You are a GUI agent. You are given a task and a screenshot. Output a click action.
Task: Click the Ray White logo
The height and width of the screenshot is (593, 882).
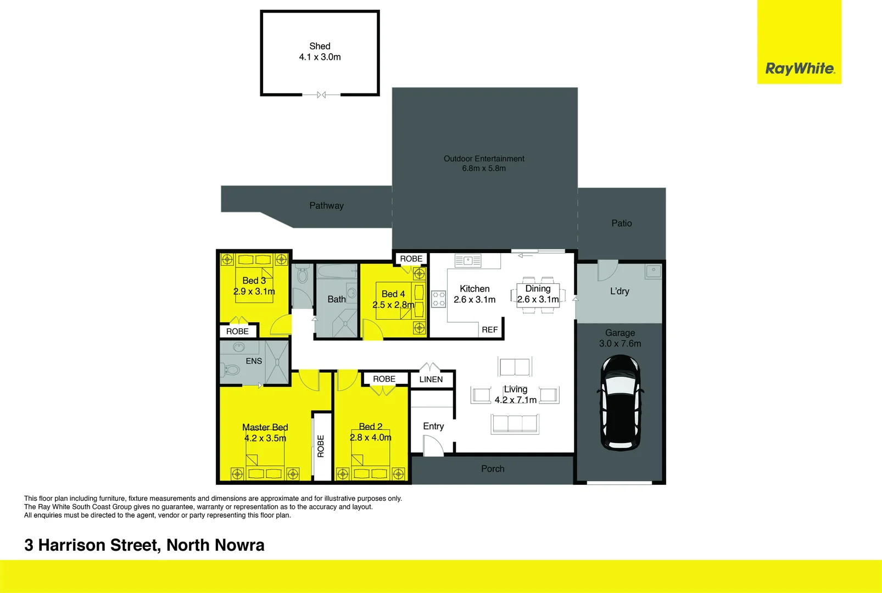(x=800, y=69)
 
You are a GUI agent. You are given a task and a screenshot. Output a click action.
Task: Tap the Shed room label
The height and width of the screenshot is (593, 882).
(x=320, y=46)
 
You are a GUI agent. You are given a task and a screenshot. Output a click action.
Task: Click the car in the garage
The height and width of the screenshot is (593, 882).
(x=620, y=402)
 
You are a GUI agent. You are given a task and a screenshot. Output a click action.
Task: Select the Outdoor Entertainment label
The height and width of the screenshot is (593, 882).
(x=484, y=159)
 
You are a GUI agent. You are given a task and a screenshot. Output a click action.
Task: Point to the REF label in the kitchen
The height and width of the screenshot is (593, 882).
(x=489, y=329)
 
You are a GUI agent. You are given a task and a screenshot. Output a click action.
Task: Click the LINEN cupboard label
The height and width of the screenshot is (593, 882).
(x=431, y=379)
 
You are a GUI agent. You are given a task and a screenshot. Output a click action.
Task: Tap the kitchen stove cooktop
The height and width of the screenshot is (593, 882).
(x=438, y=299)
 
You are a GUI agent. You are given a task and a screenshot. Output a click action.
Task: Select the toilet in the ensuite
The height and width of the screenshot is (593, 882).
(x=231, y=370)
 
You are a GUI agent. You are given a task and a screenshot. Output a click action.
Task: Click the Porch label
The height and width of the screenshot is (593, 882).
(x=493, y=468)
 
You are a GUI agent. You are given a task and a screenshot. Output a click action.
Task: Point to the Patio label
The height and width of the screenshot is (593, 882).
(x=622, y=223)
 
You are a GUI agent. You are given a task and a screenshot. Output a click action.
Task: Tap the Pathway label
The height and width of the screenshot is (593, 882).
(x=326, y=205)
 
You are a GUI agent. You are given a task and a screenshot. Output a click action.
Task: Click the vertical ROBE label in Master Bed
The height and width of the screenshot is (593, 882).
(x=321, y=446)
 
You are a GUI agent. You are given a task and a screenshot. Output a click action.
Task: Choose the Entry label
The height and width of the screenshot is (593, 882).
(x=433, y=426)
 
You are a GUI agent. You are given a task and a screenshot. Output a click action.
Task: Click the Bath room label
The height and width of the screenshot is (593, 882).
(x=337, y=299)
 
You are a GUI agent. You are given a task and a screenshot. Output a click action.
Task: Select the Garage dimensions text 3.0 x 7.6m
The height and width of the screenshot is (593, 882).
(x=620, y=344)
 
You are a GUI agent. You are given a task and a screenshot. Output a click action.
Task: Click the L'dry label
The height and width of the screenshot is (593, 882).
(x=619, y=291)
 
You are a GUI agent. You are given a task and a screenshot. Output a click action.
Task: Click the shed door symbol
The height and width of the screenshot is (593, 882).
(x=321, y=95)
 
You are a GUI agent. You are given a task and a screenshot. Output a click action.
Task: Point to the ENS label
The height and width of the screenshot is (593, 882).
(x=254, y=361)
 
